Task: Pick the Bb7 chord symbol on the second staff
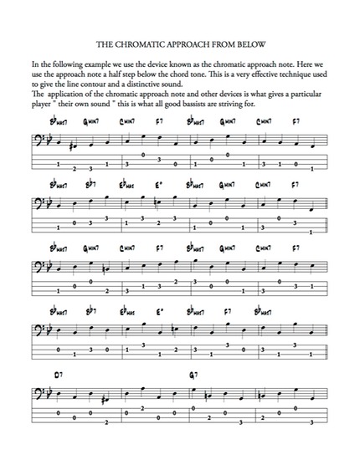(x=90, y=182)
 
